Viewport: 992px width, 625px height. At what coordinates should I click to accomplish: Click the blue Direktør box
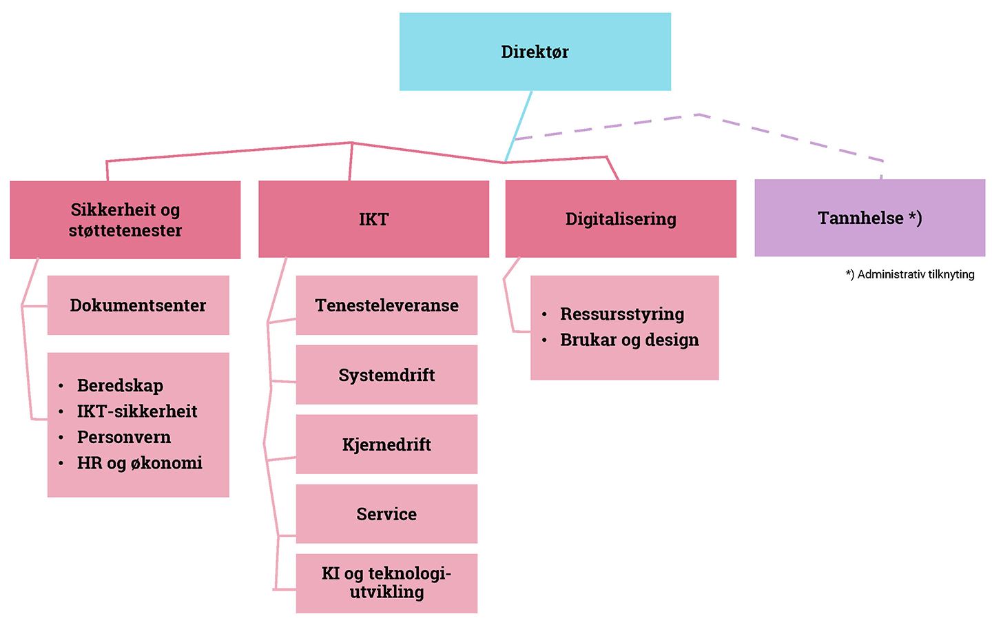coord(535,52)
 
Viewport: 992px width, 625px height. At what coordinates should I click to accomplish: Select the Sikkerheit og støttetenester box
coord(125,220)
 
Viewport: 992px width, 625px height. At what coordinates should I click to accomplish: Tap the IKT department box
coord(374,219)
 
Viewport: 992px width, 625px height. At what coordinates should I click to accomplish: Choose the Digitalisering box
coord(621,218)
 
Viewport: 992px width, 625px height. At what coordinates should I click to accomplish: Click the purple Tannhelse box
coord(870,218)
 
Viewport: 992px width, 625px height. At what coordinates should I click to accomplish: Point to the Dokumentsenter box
coord(138,305)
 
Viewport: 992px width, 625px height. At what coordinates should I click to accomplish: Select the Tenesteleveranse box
coord(386,305)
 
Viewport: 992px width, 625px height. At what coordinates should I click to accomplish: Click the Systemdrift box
coord(386,375)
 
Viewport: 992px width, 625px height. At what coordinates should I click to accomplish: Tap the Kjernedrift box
coord(386,444)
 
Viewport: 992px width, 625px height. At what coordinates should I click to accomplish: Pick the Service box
coord(386,514)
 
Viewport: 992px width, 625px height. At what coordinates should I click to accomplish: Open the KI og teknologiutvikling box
coord(386,584)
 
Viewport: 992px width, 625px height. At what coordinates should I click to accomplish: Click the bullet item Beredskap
coord(120,386)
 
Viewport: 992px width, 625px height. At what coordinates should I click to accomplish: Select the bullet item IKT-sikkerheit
coord(137,411)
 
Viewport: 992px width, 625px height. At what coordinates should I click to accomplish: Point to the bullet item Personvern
coord(124,437)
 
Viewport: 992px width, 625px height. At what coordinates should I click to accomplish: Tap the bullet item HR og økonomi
coord(139,463)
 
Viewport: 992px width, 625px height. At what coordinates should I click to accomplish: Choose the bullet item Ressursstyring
coord(622,314)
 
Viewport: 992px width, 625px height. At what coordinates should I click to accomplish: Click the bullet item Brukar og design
coord(630,340)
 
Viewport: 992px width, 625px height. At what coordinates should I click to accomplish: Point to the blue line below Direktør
coord(518,127)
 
